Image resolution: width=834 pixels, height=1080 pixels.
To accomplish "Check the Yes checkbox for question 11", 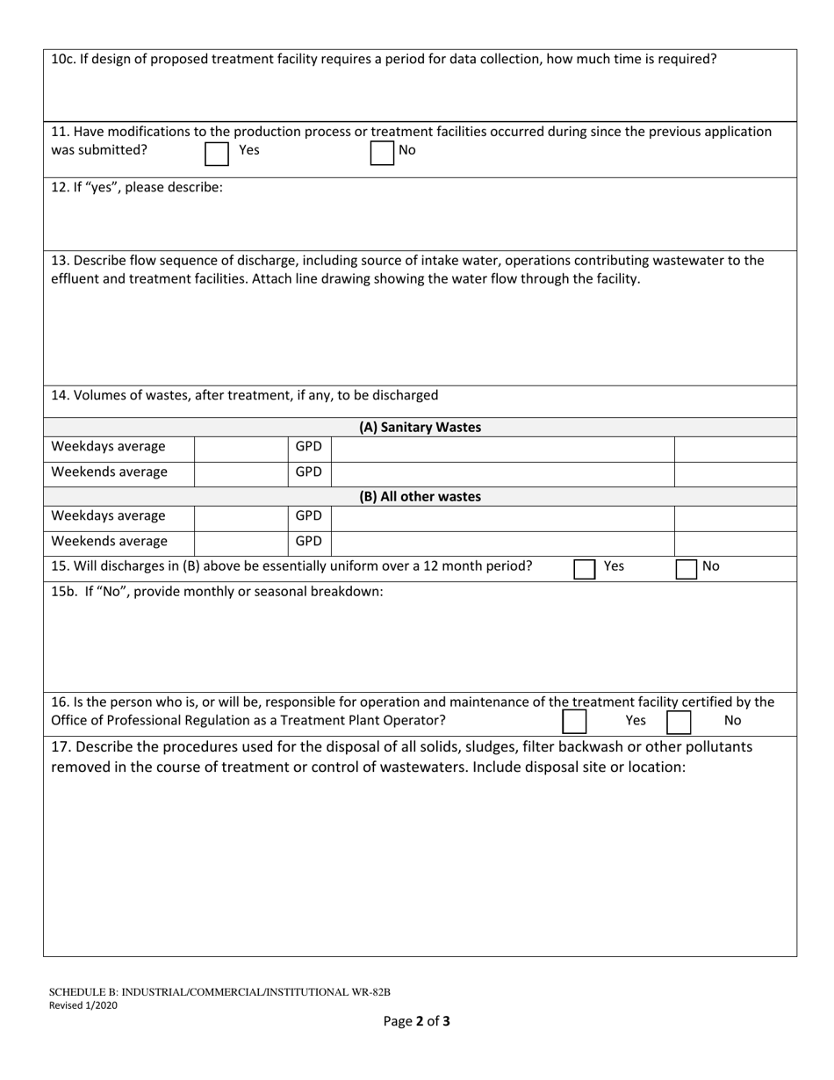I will tap(216, 155).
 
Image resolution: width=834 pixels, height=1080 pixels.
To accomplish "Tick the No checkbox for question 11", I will tap(382, 154).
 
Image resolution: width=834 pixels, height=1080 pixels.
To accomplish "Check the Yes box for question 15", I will tap(585, 569).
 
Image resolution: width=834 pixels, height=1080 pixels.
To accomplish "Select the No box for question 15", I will tap(687, 569).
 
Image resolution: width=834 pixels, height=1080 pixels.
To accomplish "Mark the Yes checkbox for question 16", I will tap(574, 722).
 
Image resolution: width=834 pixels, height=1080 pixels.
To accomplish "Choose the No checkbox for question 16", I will tap(679, 722).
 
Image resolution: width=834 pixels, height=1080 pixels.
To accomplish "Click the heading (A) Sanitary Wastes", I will tap(420, 428).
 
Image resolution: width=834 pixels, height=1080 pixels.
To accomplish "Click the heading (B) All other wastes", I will tap(420, 496).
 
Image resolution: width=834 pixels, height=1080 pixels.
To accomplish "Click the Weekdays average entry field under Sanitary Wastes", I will tap(240, 447).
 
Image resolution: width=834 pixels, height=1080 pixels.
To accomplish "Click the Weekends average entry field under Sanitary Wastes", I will tap(240, 472).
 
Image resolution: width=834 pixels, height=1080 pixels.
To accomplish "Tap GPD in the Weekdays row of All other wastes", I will tap(308, 515).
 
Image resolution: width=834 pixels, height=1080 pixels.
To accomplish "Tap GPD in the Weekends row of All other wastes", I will tap(308, 542).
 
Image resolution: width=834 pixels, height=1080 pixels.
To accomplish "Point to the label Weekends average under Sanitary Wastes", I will tap(109, 472).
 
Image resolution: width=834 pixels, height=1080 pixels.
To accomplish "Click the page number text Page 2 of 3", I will tap(416, 1021).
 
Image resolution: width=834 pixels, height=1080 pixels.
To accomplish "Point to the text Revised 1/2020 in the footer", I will tap(83, 1005).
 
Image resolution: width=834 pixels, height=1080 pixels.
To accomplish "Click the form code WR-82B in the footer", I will tap(370, 992).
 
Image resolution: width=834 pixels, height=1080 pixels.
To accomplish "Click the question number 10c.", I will tap(61, 60).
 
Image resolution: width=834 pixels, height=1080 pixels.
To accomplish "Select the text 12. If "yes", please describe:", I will tap(137, 187).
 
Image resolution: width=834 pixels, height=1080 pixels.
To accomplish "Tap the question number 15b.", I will tap(63, 591).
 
